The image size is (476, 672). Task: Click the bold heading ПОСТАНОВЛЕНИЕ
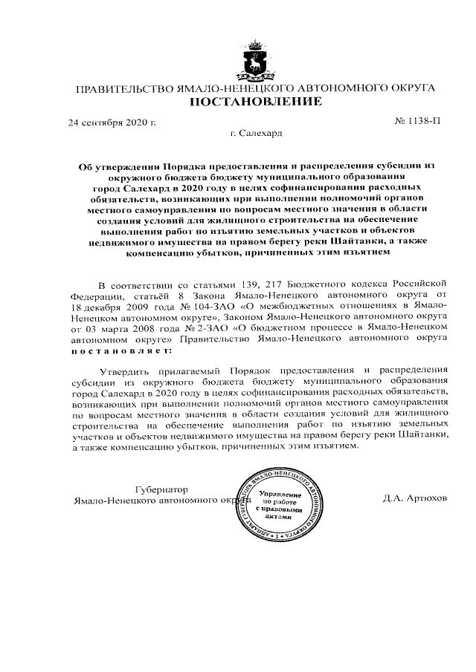click(x=255, y=101)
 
